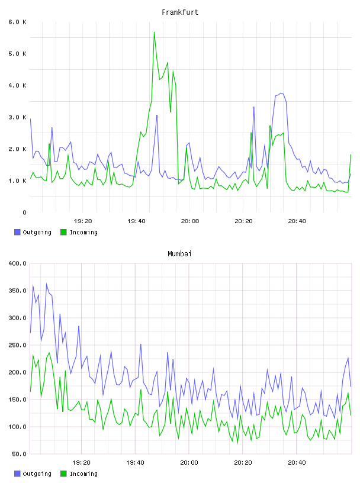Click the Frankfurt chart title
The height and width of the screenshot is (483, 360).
(x=180, y=12)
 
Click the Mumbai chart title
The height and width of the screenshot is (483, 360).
(x=179, y=254)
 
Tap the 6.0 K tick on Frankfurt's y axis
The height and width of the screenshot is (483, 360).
(x=17, y=22)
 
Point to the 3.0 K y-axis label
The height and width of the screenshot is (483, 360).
(x=17, y=117)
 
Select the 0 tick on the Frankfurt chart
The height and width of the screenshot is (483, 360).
(x=24, y=212)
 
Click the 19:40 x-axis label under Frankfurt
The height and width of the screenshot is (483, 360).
(x=136, y=221)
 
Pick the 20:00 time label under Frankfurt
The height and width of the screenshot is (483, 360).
(x=190, y=221)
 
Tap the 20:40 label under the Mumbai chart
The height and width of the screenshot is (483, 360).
(x=297, y=463)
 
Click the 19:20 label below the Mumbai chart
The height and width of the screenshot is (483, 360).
(x=81, y=463)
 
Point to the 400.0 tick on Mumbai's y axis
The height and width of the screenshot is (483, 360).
(x=17, y=263)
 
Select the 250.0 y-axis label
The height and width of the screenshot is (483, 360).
(x=17, y=345)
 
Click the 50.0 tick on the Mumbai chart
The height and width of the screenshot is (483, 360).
(x=19, y=454)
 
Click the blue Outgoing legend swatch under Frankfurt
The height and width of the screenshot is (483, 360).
(x=17, y=232)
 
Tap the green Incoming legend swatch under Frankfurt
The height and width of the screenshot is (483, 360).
(x=63, y=232)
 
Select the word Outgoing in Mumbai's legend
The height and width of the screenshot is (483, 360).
(x=37, y=474)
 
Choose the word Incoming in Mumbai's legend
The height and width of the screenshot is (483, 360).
(x=83, y=474)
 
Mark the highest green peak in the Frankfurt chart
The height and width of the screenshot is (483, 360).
(x=154, y=33)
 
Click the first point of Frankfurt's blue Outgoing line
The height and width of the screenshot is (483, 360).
(x=30, y=119)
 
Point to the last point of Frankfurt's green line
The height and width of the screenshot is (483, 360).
(x=351, y=154)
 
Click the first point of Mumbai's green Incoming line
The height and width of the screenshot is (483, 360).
(x=30, y=391)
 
